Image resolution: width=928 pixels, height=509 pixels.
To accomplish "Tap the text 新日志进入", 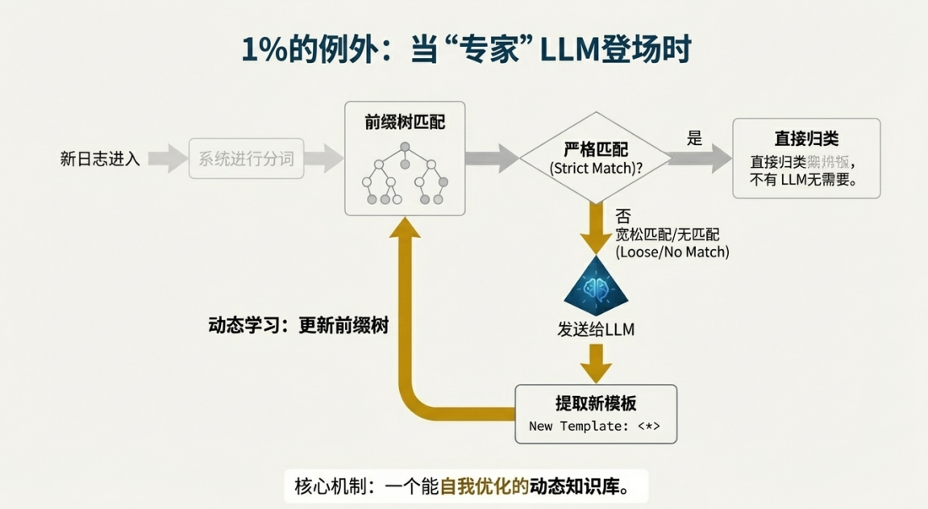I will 100,159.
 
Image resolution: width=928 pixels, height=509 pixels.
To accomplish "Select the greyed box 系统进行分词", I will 246,159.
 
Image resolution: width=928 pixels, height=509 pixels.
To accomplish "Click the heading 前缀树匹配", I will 405,123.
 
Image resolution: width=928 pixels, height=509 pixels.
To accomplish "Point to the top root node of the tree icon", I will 406,147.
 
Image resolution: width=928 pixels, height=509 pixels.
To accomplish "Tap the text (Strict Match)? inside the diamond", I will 596,169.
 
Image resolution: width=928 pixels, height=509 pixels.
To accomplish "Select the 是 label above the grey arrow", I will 694,138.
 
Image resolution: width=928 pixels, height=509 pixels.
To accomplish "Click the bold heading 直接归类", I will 806,139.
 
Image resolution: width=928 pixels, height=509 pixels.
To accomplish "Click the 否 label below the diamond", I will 622,215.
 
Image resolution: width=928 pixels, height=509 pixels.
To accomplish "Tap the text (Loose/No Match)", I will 672,252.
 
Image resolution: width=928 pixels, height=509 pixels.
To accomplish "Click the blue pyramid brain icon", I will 596,287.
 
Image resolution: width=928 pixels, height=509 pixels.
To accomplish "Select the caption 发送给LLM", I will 596,329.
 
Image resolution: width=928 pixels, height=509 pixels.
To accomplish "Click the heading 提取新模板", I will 595,403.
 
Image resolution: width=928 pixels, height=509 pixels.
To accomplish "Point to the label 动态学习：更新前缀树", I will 298,326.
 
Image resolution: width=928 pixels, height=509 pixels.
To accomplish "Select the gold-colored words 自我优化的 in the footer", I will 484,486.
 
